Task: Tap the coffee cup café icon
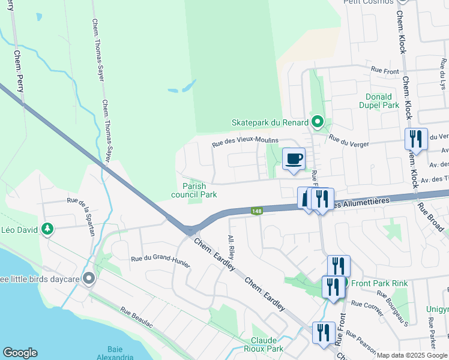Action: (x=294, y=159)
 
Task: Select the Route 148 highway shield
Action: (x=257, y=211)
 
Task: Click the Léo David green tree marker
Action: (x=47, y=229)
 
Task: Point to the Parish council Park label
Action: (x=194, y=190)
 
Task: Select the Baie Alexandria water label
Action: (x=119, y=353)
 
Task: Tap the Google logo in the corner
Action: (x=20, y=353)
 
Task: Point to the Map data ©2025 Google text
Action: (x=412, y=355)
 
